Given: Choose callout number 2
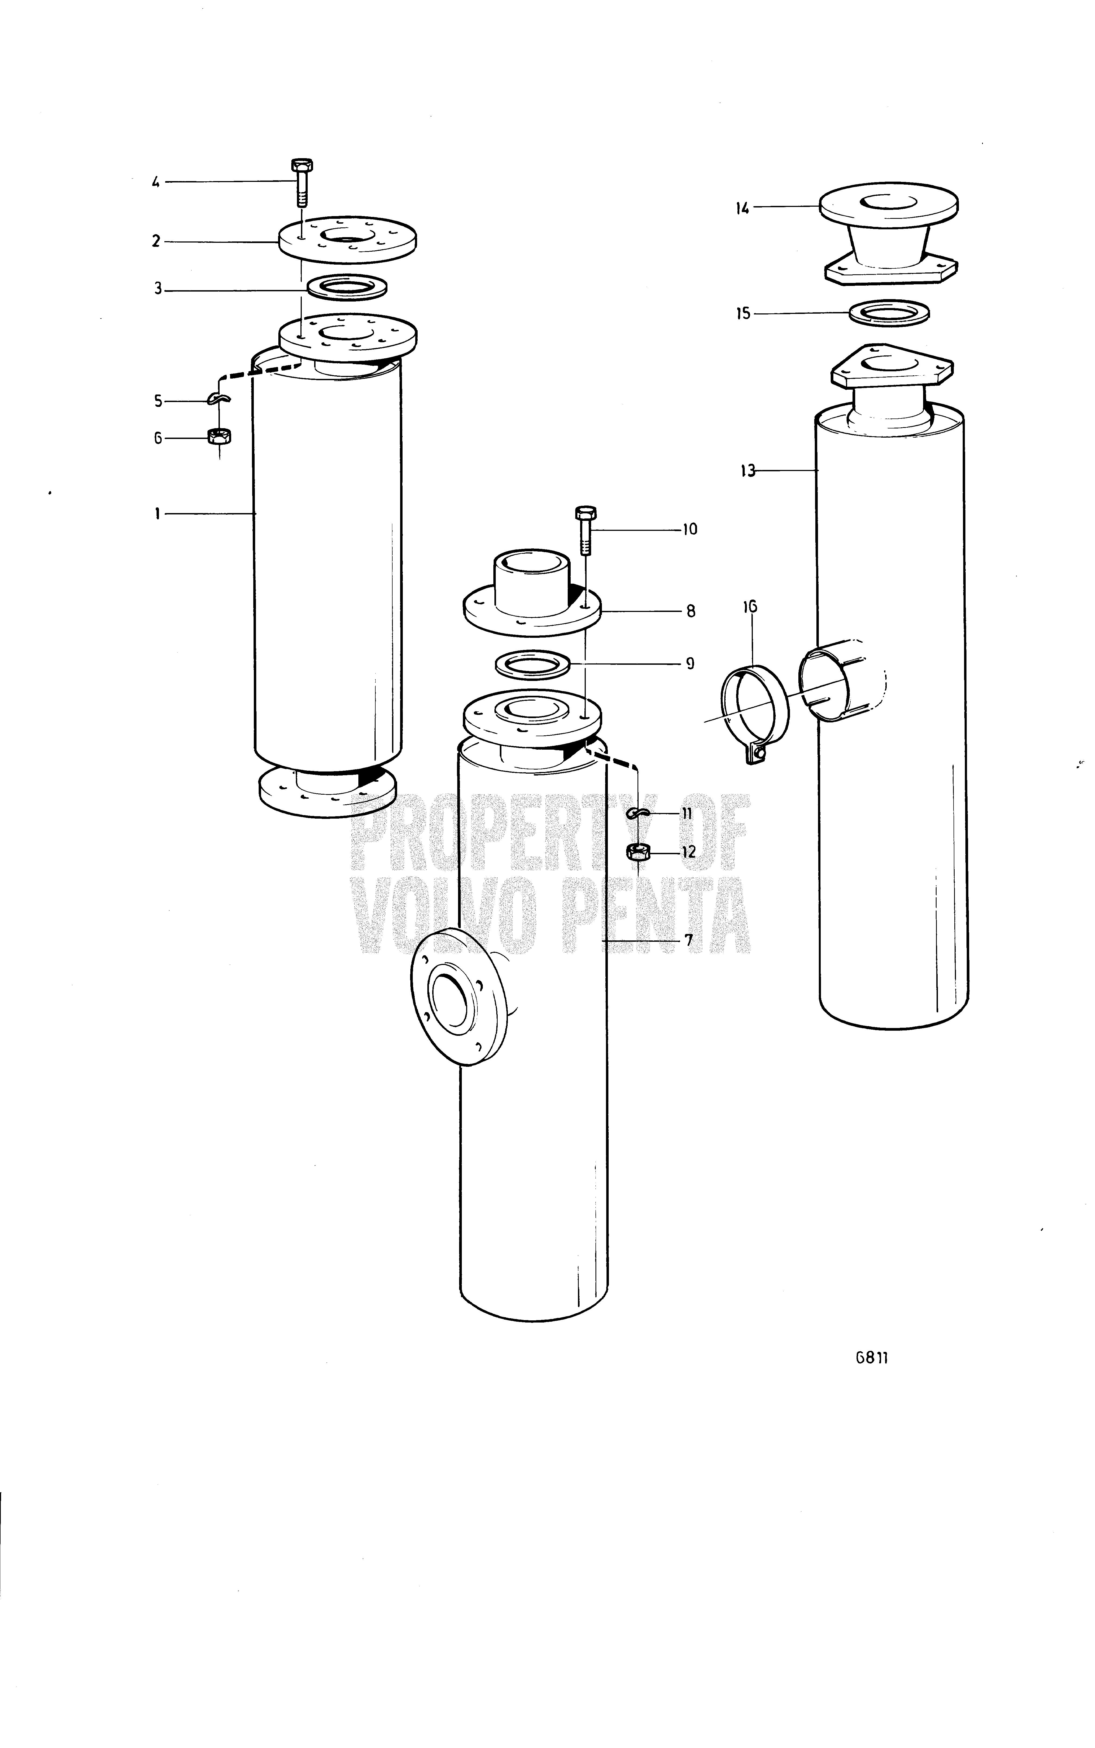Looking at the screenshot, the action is tap(157, 241).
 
